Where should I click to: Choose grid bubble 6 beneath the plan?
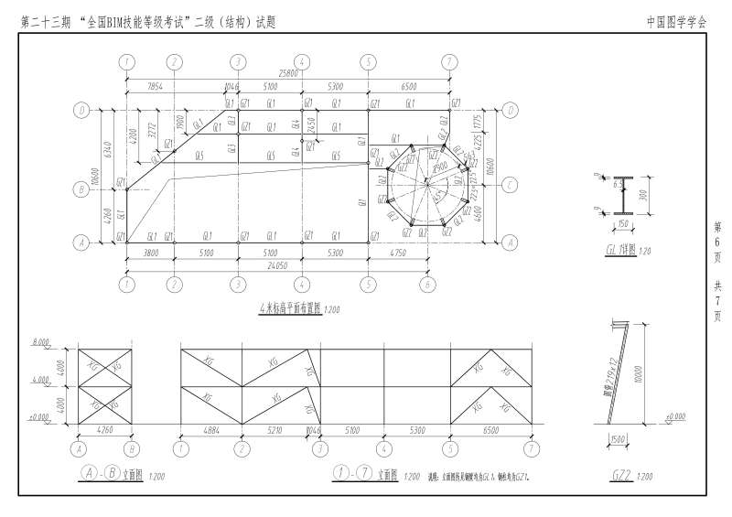(x=426, y=284)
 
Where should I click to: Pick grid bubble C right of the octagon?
(x=508, y=185)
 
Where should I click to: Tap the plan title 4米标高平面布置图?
(x=291, y=311)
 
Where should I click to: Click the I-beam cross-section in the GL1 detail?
(x=624, y=195)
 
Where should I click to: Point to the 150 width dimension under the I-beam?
(x=624, y=224)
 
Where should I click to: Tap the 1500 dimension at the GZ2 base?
(x=618, y=440)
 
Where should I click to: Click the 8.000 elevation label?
(x=41, y=342)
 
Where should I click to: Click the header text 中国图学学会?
(x=676, y=19)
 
